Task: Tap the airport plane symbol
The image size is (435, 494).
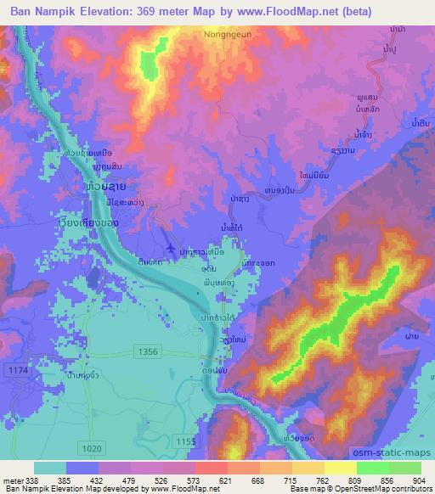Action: coord(175,248)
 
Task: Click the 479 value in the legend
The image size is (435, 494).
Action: coord(126,480)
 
